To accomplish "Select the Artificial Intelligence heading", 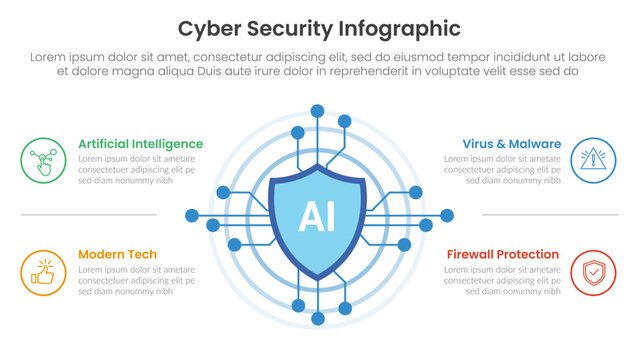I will click(x=140, y=144).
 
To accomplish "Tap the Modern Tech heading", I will click(x=117, y=254).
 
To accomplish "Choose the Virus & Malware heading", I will click(x=511, y=144).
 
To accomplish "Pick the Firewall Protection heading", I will click(x=502, y=254).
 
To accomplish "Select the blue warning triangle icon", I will click(x=595, y=160).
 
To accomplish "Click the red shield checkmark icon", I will click(x=595, y=272).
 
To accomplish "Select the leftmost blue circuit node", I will click(x=192, y=215).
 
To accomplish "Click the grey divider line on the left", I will click(x=88, y=215).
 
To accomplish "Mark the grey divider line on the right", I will click(x=549, y=215).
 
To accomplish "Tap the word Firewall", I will click(x=472, y=254).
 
